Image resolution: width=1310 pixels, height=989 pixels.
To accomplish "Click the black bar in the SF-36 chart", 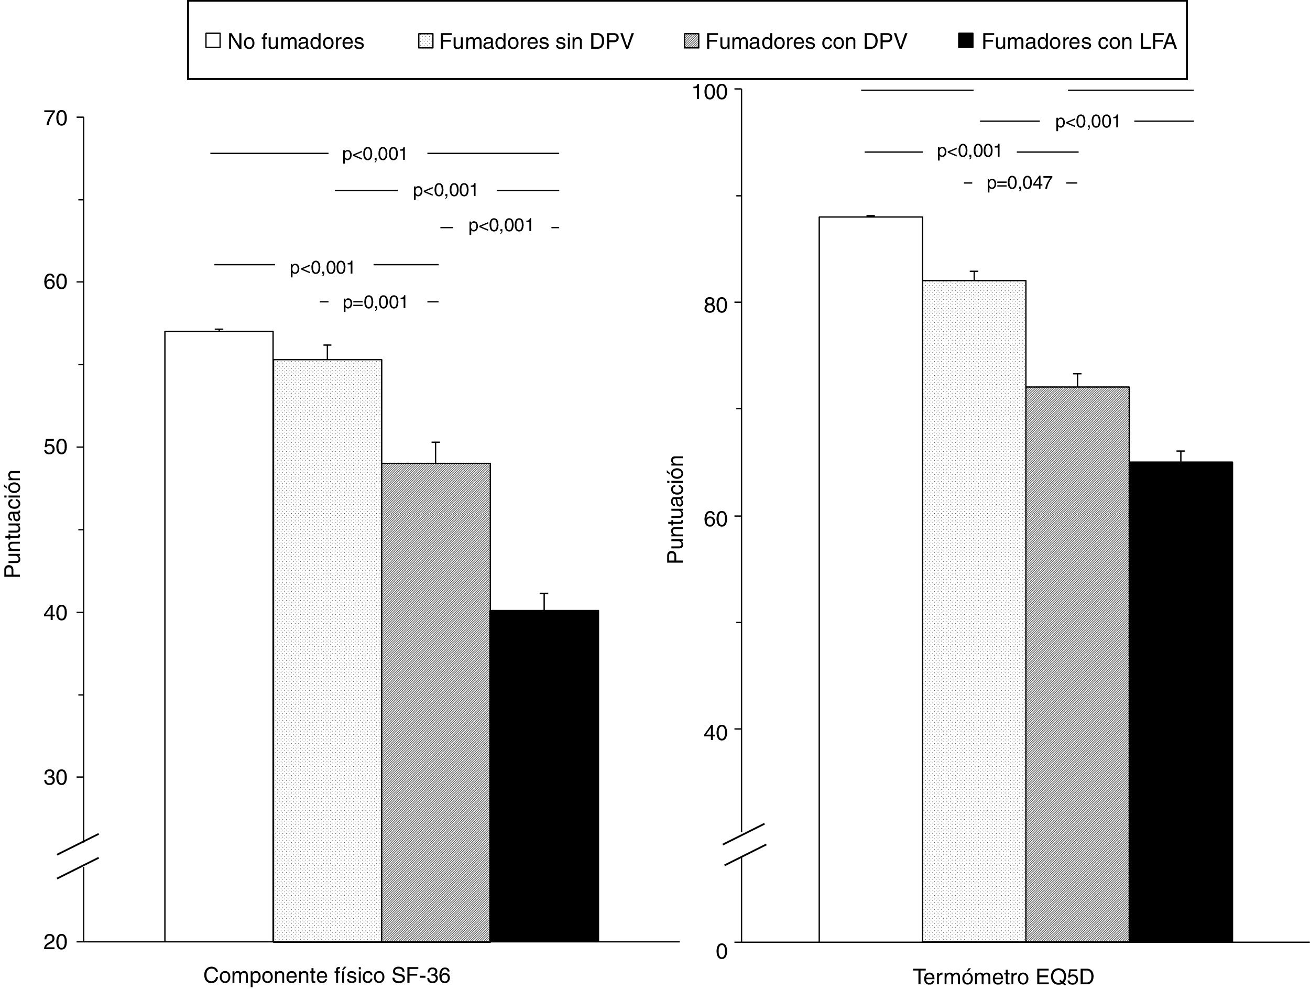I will coord(544,775).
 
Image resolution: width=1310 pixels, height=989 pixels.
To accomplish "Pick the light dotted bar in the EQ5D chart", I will coord(974,611).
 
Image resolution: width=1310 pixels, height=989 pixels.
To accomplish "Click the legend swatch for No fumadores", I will coord(213,41).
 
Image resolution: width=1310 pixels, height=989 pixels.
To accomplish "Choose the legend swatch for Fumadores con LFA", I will coord(965,41).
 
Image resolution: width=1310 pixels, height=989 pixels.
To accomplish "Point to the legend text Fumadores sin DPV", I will coord(536,41).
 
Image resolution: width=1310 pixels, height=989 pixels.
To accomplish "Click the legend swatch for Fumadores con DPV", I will coord(691,41).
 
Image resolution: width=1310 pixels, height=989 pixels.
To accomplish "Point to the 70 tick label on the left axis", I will coord(55,118).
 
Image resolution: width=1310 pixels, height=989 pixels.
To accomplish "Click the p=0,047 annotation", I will coord(1019,183).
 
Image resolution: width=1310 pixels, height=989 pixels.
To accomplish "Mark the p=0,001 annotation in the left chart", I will coord(375,302).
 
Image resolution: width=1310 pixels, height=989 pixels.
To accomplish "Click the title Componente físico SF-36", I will coord(326,975).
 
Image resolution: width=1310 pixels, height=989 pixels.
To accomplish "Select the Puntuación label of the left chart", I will coord(13,524).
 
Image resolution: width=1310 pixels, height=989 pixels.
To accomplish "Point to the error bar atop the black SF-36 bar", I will coord(544,601).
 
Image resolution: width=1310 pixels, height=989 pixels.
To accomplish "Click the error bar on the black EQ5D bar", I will coord(1180,456).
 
